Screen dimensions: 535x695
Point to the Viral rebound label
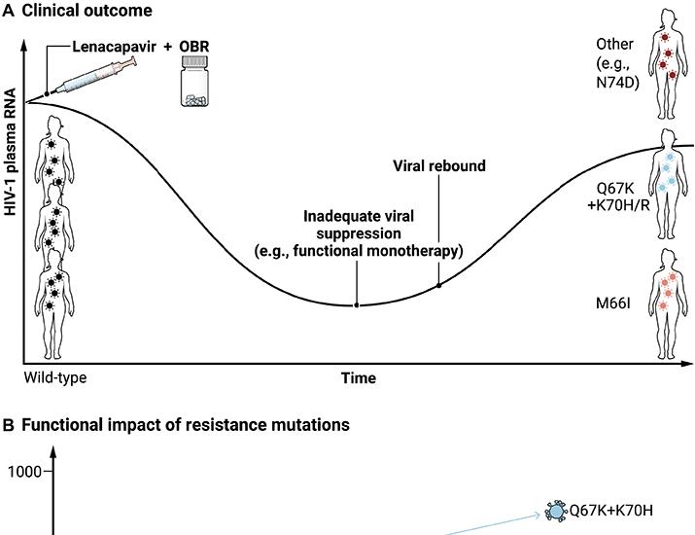coord(440,166)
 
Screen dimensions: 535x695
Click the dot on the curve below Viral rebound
coord(439,285)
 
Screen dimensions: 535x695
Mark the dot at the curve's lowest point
coord(357,304)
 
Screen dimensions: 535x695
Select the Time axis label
coord(358,377)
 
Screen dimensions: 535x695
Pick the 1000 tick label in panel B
coord(24,471)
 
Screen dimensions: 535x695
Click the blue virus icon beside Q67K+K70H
coord(556,510)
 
